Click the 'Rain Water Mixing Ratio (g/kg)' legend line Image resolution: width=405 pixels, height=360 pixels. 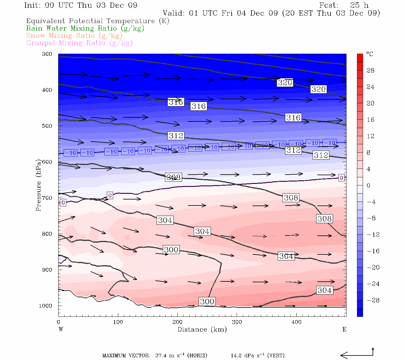pos(85,28)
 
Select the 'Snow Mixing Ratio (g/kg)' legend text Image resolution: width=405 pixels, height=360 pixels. pos(74,36)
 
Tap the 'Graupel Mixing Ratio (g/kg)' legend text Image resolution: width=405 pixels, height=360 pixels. pos(79,43)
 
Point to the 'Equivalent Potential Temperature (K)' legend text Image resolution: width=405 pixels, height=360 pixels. pos(97,21)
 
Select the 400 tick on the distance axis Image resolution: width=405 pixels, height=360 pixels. pos(296,322)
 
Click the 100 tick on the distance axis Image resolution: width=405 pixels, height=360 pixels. pos(118,322)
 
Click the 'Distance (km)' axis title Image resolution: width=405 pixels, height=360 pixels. pos(202,329)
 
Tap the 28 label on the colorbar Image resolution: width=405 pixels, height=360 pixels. pos(370,70)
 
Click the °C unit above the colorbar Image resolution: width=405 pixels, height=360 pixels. pos(370,54)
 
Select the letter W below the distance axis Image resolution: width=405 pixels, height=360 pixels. pos(61,329)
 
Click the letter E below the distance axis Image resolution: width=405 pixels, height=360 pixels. pos(344,329)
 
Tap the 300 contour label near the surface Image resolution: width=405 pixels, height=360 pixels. pos(207,301)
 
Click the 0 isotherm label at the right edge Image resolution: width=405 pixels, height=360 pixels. pos(341,178)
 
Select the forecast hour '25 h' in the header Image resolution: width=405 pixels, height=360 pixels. pos(359,5)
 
